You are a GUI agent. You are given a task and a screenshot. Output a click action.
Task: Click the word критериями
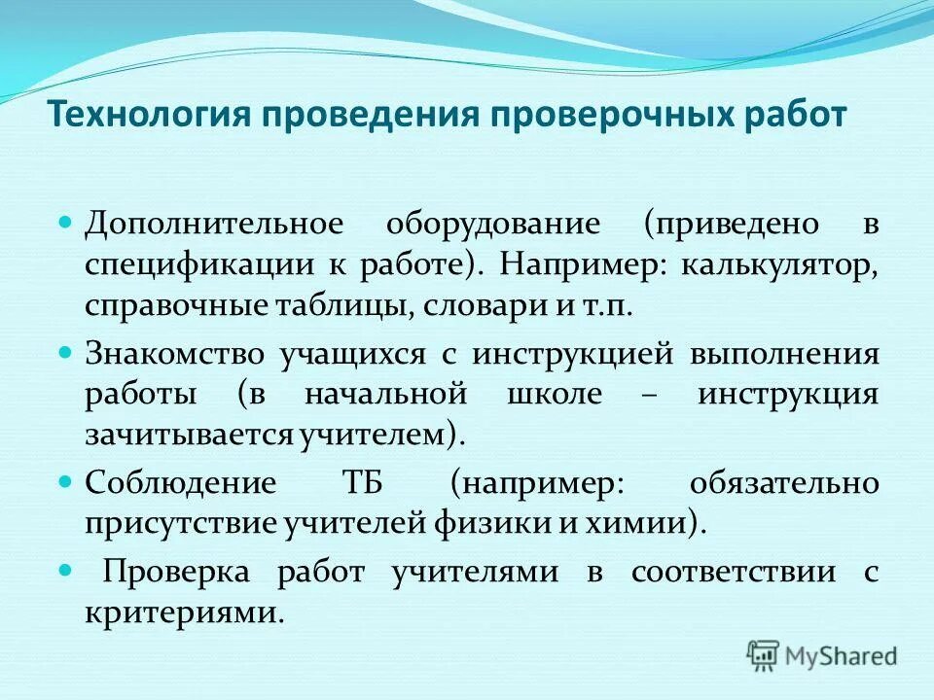[184, 612]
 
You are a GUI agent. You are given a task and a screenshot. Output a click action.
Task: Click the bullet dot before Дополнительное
[66, 223]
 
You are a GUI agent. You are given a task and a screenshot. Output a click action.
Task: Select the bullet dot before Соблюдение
[66, 480]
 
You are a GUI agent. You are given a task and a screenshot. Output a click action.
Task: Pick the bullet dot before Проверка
[66, 569]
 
